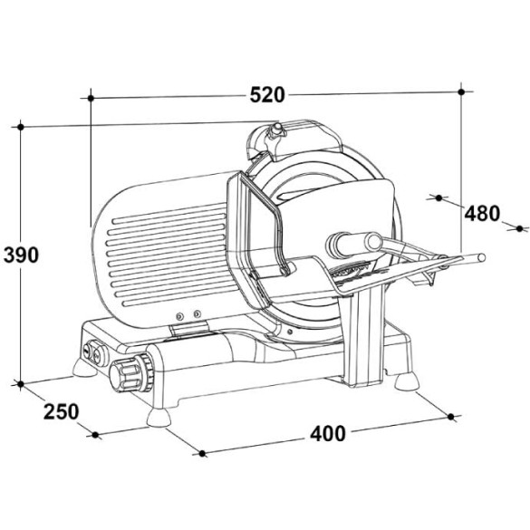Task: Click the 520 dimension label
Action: pos(267,95)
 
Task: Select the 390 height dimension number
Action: pos(21,255)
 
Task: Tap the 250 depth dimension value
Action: pos(62,411)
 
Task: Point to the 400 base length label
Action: pos(328,433)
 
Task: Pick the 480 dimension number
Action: pos(482,213)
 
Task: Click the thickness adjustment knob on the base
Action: pos(132,372)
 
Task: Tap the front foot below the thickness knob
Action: pos(159,418)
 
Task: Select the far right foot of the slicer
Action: pos(407,382)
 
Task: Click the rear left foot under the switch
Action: pos(84,368)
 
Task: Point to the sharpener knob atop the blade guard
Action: pos(277,130)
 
